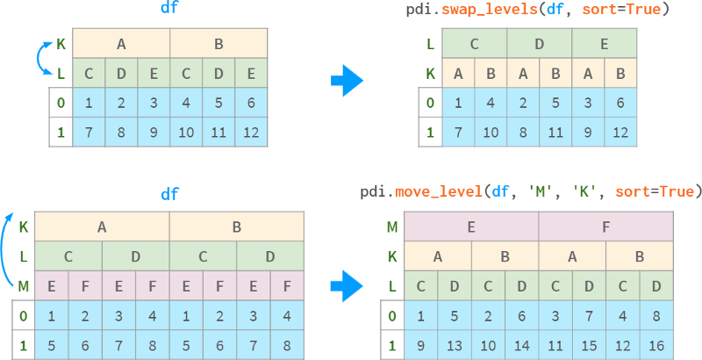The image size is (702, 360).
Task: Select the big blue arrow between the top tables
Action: [x=347, y=83]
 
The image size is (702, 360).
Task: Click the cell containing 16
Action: [x=655, y=345]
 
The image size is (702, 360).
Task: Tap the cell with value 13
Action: [x=454, y=345]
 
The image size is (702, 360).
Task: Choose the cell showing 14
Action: [x=521, y=345]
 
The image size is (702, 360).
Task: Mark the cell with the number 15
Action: [x=588, y=345]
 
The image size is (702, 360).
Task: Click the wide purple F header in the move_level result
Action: [x=605, y=227]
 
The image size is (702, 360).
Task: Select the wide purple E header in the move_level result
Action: [x=470, y=227]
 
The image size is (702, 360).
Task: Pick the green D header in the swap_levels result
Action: [x=539, y=43]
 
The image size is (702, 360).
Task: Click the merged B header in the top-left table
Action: [x=218, y=43]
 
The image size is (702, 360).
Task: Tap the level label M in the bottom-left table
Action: [x=23, y=285]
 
